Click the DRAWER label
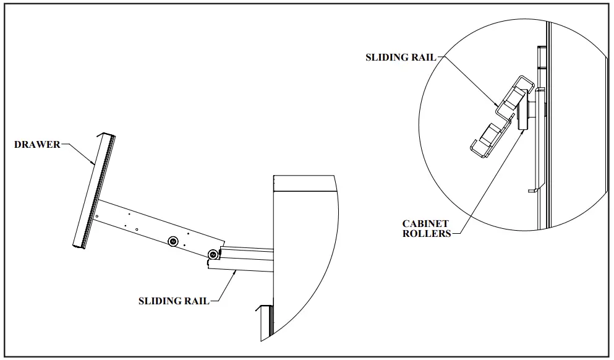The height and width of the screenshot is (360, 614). (x=37, y=145)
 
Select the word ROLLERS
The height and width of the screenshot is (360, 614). (x=427, y=234)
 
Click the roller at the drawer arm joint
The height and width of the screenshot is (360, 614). (x=213, y=254)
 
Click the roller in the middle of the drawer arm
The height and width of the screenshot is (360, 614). (x=174, y=241)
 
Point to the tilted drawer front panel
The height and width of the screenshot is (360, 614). (x=93, y=192)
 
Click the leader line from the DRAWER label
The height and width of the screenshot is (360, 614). (x=77, y=151)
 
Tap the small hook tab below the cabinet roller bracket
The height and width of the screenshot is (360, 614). (x=532, y=190)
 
